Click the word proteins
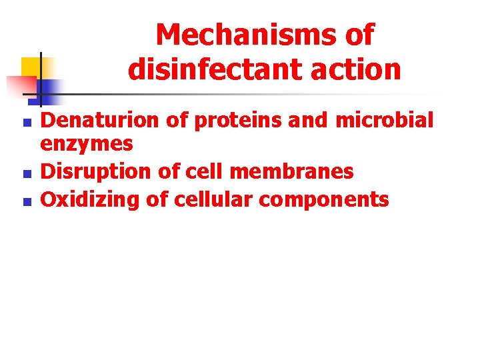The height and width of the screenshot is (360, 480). [217, 121]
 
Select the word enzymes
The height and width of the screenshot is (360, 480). [87, 144]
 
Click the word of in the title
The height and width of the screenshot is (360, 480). [359, 35]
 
